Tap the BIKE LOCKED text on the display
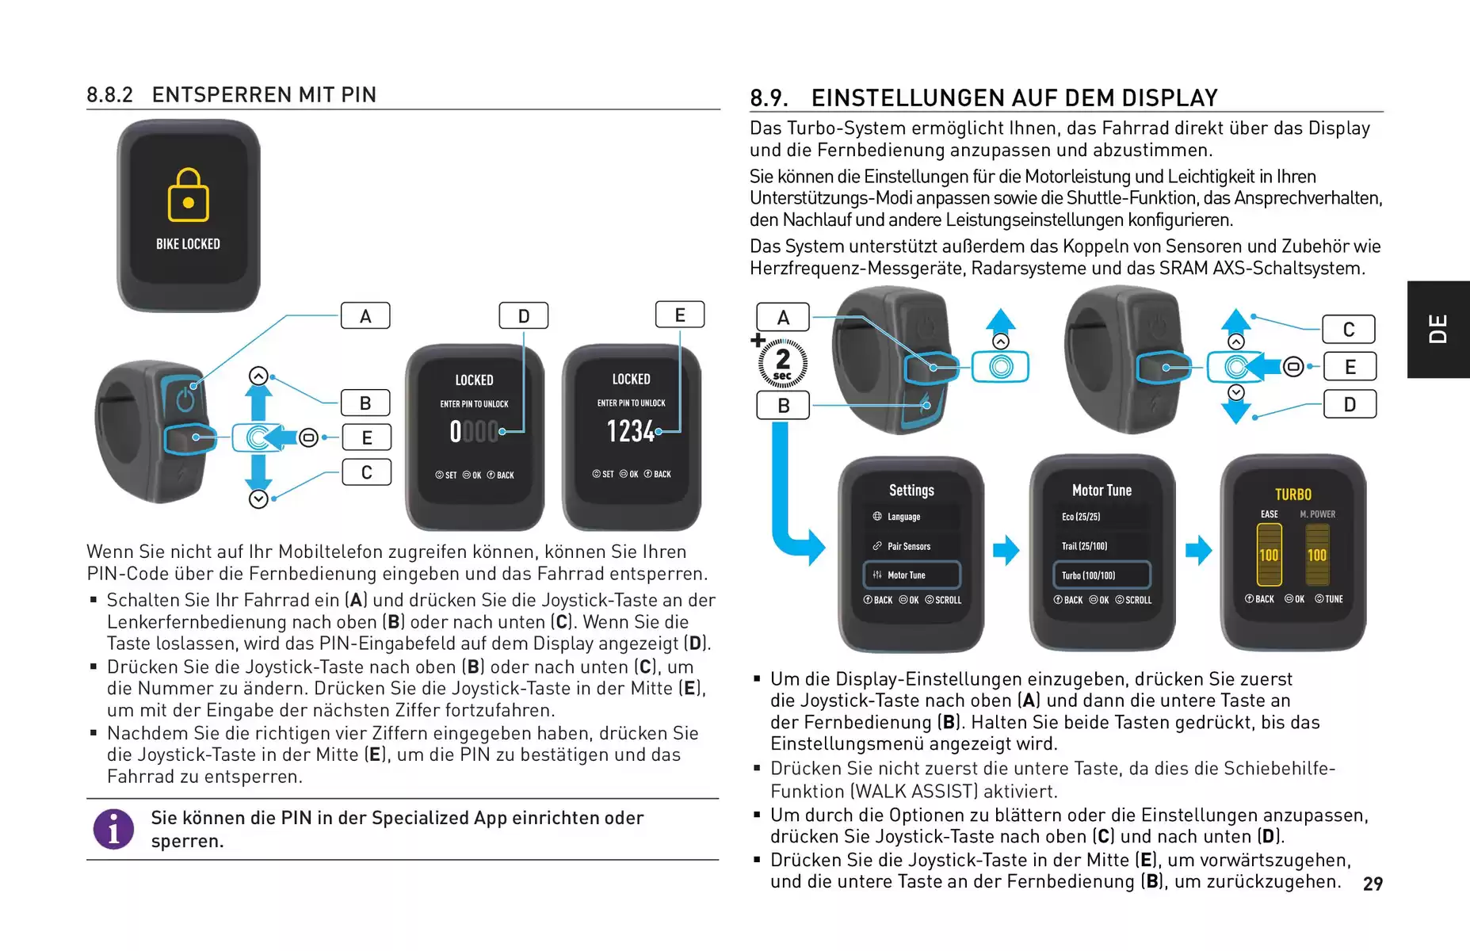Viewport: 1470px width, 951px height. pos(188,244)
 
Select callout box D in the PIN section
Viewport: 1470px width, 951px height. pos(523,315)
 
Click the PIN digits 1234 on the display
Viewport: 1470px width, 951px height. pos(631,431)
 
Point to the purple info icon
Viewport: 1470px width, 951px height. pos(113,829)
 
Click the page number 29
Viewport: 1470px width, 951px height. pos(1373,884)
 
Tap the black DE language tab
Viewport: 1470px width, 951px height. pos(1438,329)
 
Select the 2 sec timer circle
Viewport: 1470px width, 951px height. pos(782,364)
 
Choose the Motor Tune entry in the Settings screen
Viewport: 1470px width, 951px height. pos(912,575)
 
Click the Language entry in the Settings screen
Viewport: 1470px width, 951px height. pos(903,517)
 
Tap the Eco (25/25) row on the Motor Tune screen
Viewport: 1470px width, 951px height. pos(1081,517)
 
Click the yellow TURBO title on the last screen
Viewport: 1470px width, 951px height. pos(1292,495)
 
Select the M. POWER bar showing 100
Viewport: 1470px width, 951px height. pos(1317,555)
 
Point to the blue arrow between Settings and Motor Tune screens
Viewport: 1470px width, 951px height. pos(1006,550)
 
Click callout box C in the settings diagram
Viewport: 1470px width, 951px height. pos(1349,329)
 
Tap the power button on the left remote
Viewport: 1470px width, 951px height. pos(185,399)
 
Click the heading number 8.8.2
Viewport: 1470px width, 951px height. pos(109,95)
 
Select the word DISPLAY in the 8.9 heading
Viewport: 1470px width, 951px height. pos(1169,98)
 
